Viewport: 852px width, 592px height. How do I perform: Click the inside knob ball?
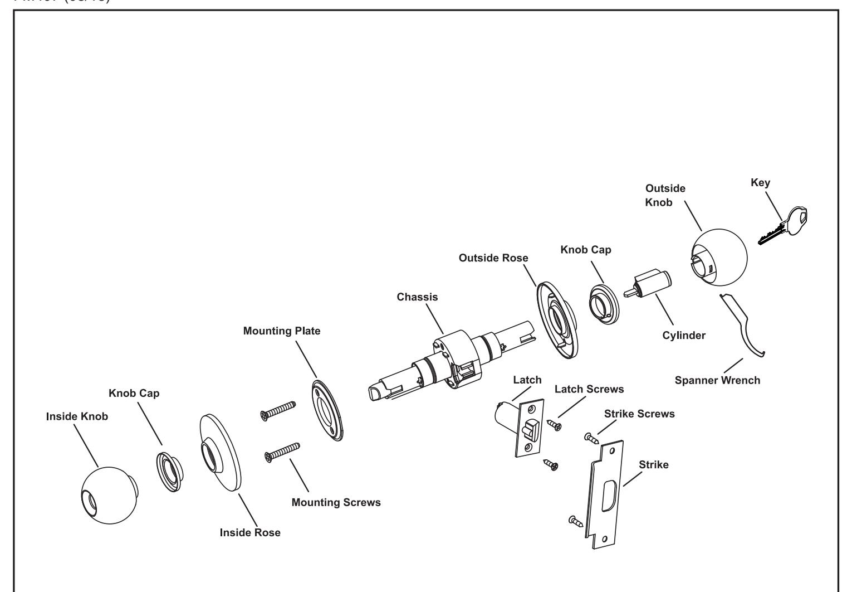[x=109, y=495]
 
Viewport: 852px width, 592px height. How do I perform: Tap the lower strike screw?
[x=575, y=521]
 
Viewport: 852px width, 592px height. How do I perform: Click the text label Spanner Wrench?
[x=717, y=381]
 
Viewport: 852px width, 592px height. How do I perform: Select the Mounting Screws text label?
[x=336, y=502]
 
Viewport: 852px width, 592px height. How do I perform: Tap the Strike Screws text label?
[x=639, y=414]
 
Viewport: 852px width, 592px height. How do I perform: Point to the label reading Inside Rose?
[x=250, y=532]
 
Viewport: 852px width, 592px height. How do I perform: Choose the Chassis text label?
[x=417, y=297]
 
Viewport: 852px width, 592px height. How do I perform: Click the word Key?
[x=760, y=182]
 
